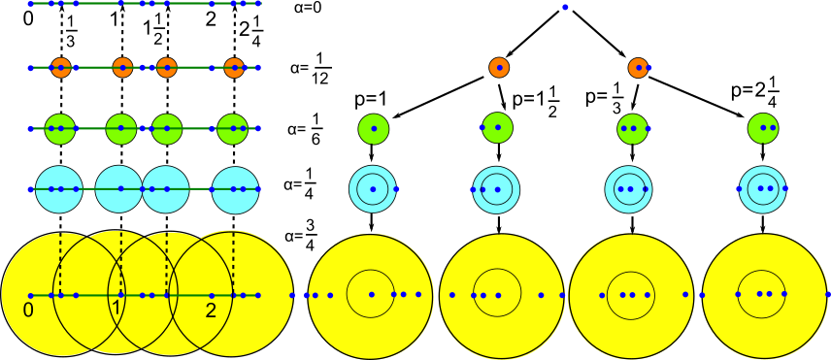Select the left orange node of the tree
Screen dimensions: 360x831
coord(498,66)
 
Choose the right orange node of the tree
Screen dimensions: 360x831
coord(638,67)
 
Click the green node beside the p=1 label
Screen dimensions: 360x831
coord(373,128)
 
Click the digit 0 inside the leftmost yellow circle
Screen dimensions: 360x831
coord(27,311)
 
